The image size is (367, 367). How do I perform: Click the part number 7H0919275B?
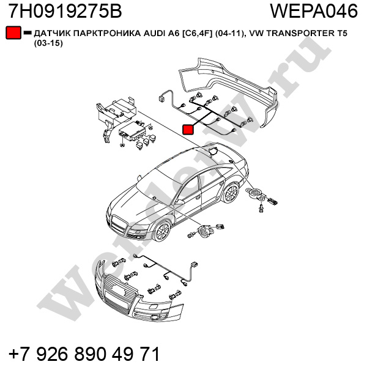(x=65, y=11)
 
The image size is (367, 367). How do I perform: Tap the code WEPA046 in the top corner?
(x=314, y=11)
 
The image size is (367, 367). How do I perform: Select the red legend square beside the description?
(x=13, y=32)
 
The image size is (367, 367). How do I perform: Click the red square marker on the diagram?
(x=188, y=130)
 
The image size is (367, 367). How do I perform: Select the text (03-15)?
(x=48, y=43)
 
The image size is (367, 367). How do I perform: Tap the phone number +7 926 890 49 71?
(x=84, y=354)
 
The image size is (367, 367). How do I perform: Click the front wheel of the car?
(x=162, y=231)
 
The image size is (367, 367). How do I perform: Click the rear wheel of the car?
(x=231, y=194)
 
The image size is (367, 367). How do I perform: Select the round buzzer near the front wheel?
(x=205, y=231)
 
